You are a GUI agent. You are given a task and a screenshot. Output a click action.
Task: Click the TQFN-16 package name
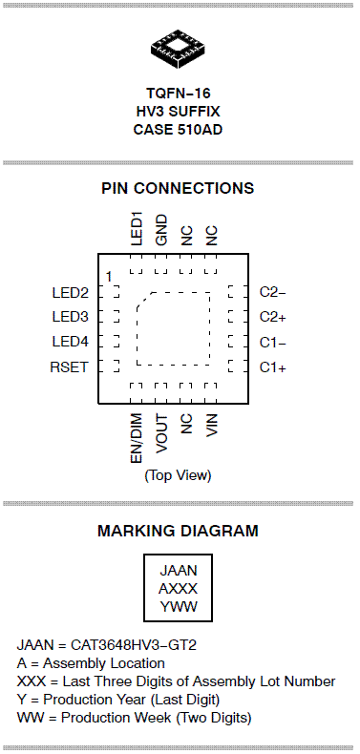click(178, 93)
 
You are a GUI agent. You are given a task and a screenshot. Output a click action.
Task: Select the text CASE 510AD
click(178, 130)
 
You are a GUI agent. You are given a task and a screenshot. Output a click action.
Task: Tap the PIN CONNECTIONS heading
click(178, 188)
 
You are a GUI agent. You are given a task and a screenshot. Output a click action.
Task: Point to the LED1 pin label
click(138, 230)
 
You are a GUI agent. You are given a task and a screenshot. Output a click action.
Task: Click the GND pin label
click(162, 230)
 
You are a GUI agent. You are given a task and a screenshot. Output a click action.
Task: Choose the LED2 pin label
click(71, 292)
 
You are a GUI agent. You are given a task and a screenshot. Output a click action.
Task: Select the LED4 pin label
click(71, 342)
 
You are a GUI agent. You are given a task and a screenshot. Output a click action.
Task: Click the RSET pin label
click(70, 367)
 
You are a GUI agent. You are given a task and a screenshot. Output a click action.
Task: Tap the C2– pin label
click(273, 292)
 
